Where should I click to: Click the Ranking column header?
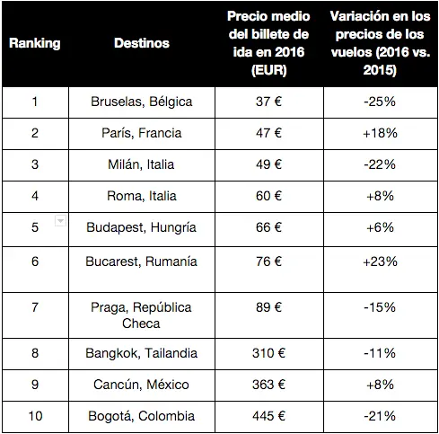(35, 43)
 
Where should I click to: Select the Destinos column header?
(142, 43)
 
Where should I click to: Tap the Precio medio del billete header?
(268, 43)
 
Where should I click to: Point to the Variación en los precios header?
(380, 43)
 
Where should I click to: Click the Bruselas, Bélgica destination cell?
(142, 102)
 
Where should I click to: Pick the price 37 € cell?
(268, 102)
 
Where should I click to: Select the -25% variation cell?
(380, 102)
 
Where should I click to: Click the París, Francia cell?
(142, 133)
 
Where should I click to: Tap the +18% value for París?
(380, 133)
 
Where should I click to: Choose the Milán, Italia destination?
(141, 164)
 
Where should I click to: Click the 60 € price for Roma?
(268, 196)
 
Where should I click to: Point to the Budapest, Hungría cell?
(141, 227)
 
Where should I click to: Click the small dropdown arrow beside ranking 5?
(60, 221)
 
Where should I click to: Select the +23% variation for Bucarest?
(380, 261)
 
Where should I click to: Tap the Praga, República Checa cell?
(141, 315)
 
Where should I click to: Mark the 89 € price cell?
(268, 307)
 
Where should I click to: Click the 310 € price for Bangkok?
(268, 353)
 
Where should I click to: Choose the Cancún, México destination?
(141, 385)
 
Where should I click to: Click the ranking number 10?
(35, 416)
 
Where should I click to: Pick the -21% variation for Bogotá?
(380, 416)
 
